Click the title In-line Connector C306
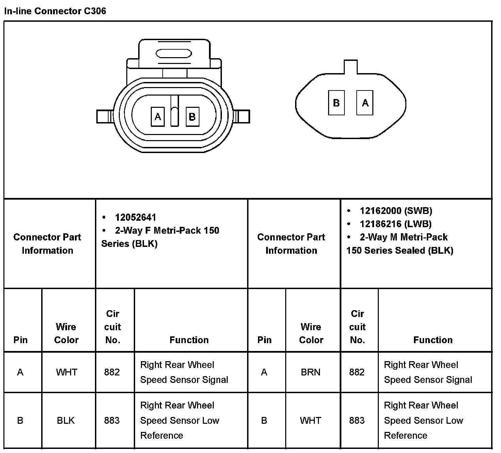click(55, 11)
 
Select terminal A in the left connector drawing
click(158, 117)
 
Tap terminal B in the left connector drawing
click(192, 117)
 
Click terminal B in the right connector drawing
click(336, 103)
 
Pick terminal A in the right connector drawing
click(365, 103)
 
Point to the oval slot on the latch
click(174, 54)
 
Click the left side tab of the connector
click(104, 117)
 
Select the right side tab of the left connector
click(243, 117)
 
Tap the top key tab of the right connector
click(351, 67)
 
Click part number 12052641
click(135, 217)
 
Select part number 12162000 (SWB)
click(396, 211)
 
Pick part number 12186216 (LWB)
click(395, 224)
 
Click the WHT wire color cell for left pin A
click(66, 372)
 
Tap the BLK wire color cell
click(66, 421)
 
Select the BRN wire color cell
click(310, 372)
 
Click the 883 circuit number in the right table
click(357, 421)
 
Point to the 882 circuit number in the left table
click(112, 372)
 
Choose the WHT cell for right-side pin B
click(310, 421)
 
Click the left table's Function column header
click(189, 340)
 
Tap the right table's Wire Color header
click(311, 333)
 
